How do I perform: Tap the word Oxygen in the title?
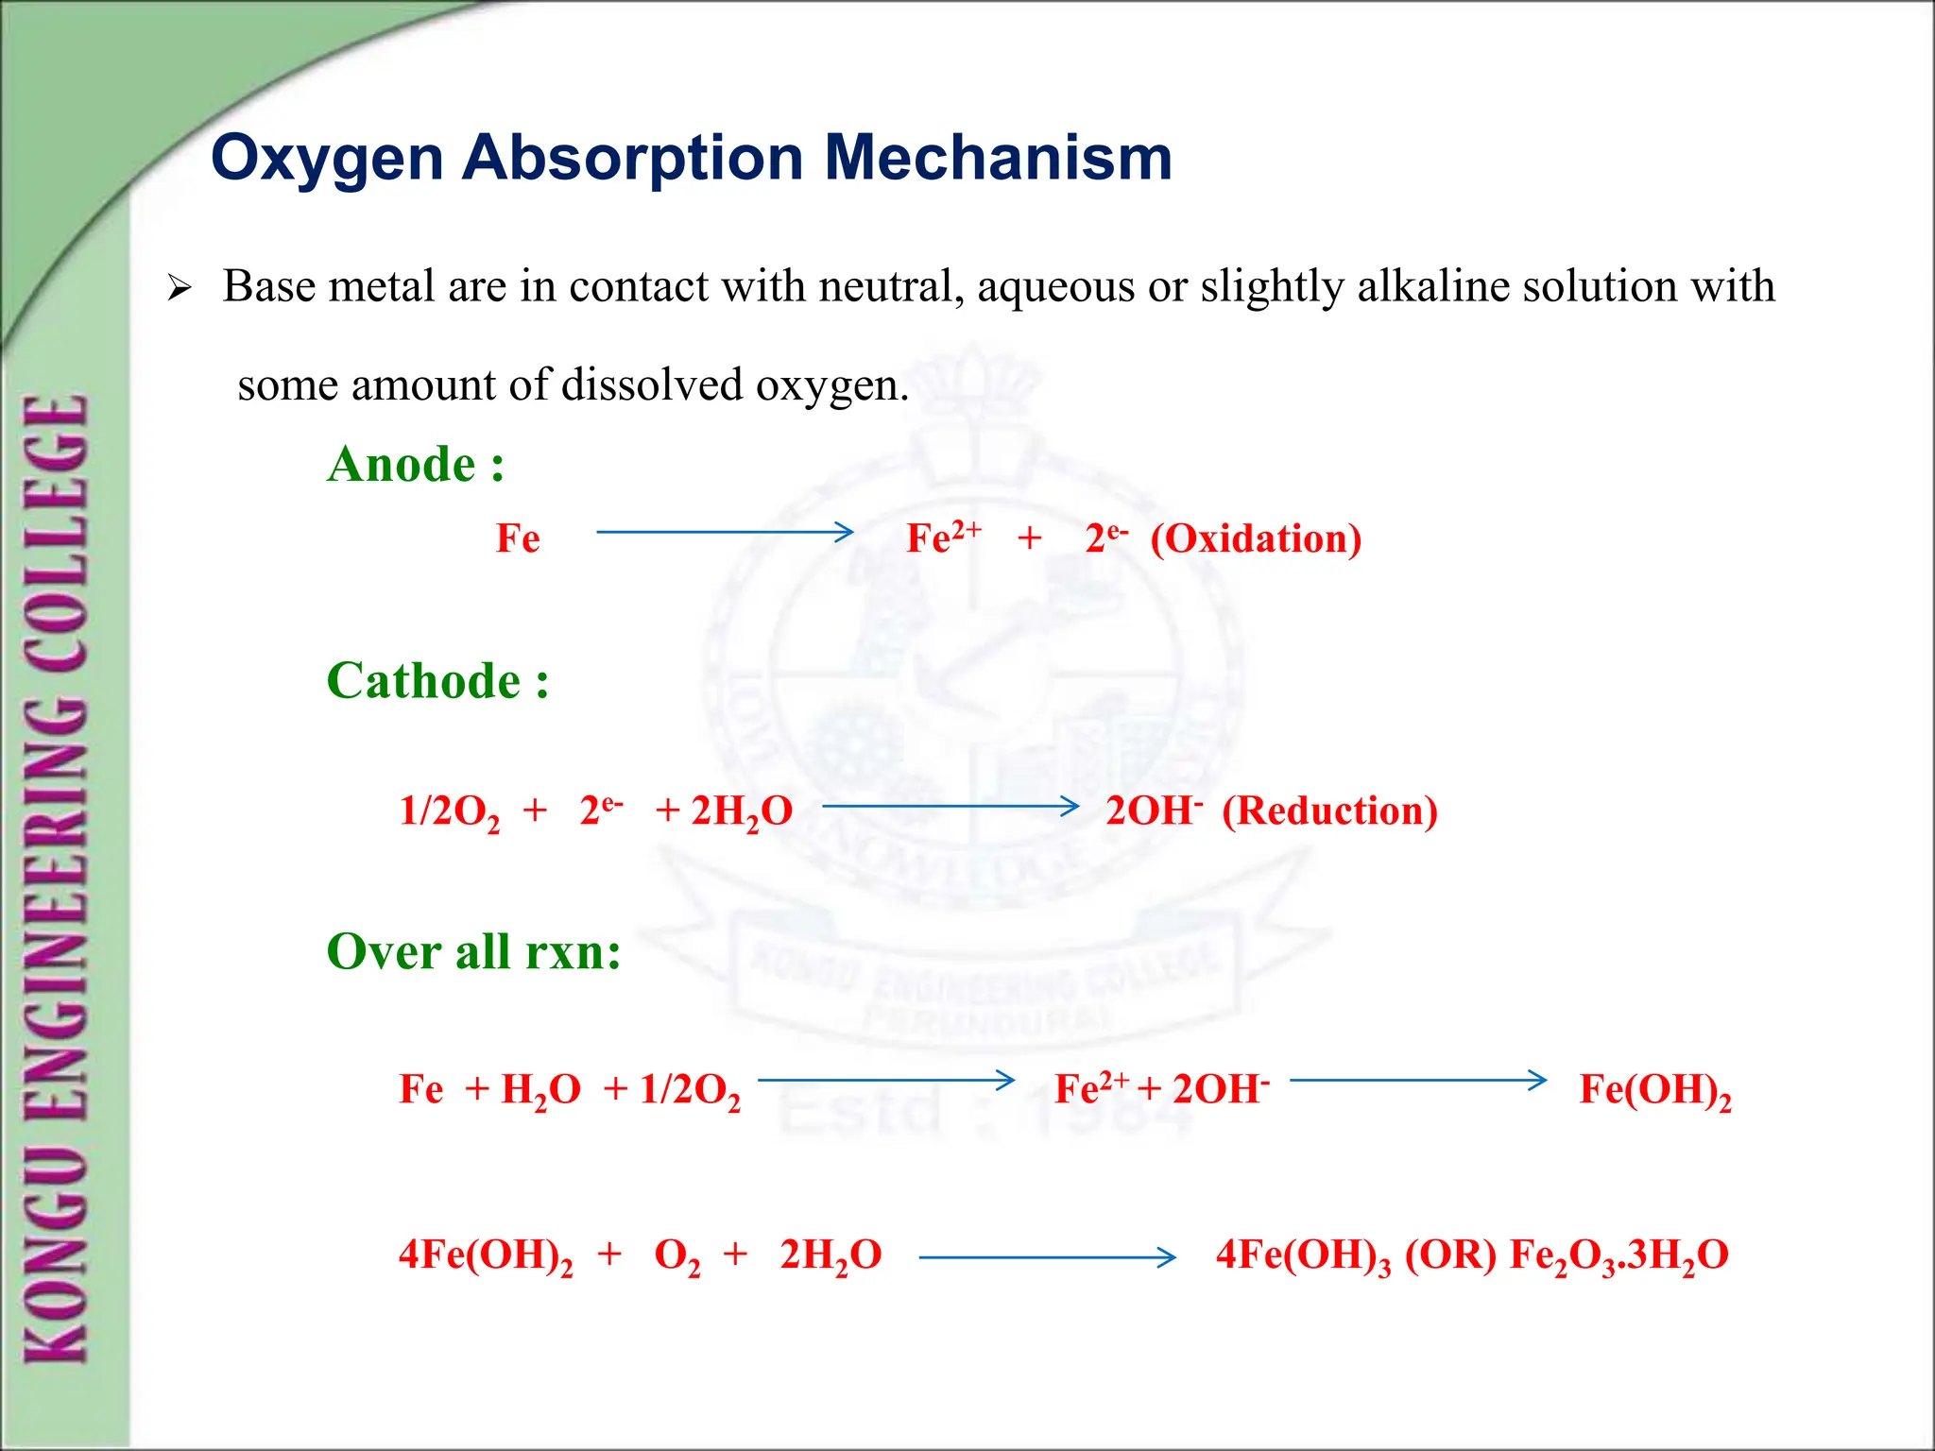[327, 159]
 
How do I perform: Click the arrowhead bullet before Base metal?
[179, 288]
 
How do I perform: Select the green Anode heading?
[416, 465]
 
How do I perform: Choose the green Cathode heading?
[437, 681]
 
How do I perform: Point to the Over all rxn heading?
[473, 951]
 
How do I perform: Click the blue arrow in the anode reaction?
[725, 533]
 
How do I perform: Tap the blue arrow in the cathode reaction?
[950, 807]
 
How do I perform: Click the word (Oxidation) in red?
[1256, 538]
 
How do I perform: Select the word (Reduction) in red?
[1329, 811]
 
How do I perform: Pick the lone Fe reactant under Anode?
[518, 538]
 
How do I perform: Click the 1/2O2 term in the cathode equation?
[449, 811]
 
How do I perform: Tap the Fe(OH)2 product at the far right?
[1654, 1090]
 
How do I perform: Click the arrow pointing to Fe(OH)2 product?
[1418, 1080]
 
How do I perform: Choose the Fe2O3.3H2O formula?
[1618, 1256]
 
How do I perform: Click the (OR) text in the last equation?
[1450, 1255]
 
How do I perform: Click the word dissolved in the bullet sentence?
[652, 385]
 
